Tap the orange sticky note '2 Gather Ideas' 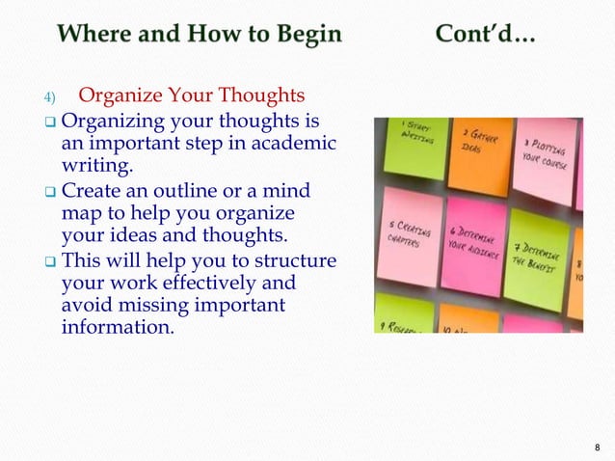pos(478,147)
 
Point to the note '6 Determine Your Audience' pos(473,245)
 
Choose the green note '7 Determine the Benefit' pos(537,256)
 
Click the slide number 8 pos(597,447)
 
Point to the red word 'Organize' pos(118,97)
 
